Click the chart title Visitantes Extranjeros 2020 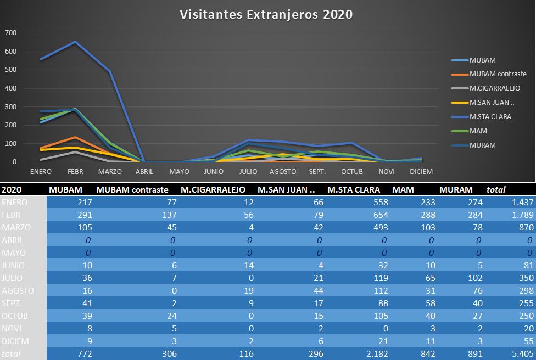(x=266, y=14)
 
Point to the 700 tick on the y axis (x=11, y=33)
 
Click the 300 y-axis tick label (x=11, y=106)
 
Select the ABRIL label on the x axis (x=144, y=171)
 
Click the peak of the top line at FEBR (x=75, y=42)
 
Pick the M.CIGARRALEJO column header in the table (x=213, y=190)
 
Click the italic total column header (x=496, y=190)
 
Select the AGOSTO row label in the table (x=18, y=290)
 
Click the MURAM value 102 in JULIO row (x=475, y=278)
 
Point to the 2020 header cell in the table (x=12, y=190)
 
